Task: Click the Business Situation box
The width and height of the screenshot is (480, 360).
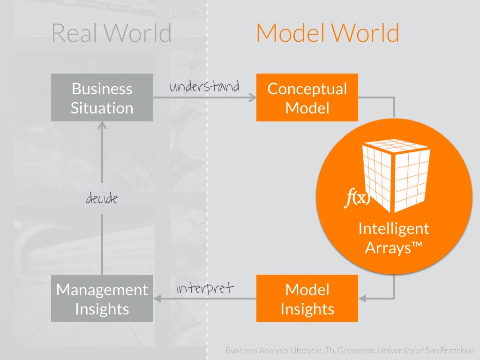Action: coord(102,97)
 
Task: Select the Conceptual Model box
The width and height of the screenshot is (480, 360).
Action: coord(307,97)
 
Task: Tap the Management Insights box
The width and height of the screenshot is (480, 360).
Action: coord(102,299)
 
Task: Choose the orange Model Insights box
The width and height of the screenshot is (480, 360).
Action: coord(307,299)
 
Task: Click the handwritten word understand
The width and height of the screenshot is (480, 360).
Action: coord(204,87)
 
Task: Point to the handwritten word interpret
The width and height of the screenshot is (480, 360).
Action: coord(204,288)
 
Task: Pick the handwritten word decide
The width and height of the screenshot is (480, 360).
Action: coord(102,199)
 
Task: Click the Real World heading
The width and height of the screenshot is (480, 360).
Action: coord(112,33)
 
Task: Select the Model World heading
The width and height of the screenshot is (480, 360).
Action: coord(328,33)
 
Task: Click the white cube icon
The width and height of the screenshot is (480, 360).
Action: coord(396,176)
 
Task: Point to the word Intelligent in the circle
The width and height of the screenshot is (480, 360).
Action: coord(394,229)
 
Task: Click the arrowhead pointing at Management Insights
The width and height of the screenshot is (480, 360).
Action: coord(157,299)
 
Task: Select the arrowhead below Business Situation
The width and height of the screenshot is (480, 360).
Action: coord(102,125)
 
